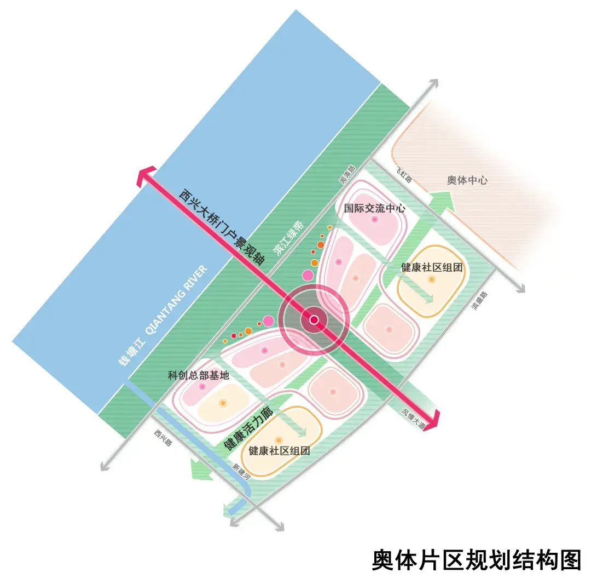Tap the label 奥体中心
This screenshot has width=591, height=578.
point(467,180)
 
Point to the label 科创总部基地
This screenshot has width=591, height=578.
point(198,375)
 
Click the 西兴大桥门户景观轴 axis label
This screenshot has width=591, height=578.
point(222,227)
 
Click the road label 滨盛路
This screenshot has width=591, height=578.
point(480,301)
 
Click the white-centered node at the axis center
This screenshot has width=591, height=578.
point(314,319)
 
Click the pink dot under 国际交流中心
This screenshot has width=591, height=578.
point(375,220)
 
